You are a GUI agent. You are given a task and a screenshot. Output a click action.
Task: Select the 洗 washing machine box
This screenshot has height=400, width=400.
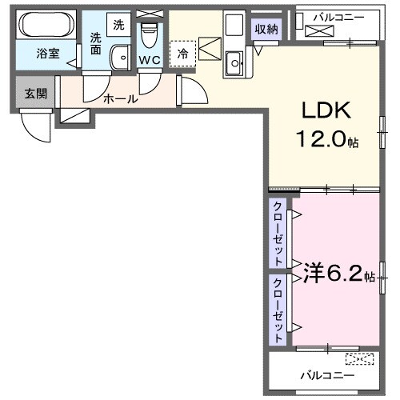pos(118,24)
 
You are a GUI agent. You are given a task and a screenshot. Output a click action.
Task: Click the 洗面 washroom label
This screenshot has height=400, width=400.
pos(96,42)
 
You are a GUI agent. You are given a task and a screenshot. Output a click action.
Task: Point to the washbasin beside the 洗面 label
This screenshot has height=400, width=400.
pos(120,58)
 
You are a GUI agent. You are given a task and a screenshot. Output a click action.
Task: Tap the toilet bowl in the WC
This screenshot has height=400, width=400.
pos(149,37)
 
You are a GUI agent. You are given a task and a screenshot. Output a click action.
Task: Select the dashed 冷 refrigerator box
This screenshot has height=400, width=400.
pos(183,54)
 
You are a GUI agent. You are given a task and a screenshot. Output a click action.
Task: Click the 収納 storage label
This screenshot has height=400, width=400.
pos(266,30)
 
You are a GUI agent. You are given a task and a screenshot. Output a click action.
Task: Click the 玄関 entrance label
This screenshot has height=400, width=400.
pos(35,94)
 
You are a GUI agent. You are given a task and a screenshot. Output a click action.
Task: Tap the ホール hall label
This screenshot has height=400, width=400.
pos(121,99)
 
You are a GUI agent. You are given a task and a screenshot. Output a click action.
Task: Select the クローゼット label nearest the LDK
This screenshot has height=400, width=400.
pos(278,233)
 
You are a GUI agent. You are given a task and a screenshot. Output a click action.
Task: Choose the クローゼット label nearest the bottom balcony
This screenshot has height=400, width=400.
pos(278,306)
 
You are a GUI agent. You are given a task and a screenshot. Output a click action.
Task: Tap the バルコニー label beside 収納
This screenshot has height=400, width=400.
pos(340,16)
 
